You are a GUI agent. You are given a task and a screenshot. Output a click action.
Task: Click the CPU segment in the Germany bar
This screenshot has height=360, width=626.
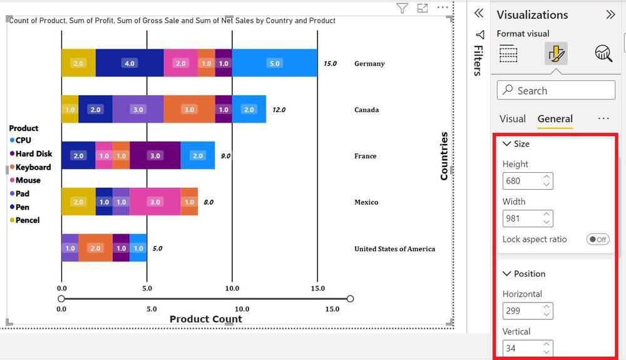pos(275,63)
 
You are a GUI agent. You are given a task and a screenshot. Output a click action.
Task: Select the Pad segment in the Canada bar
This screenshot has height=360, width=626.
pos(138,110)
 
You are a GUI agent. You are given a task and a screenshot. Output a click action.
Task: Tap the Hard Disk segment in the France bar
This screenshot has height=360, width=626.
pos(155,156)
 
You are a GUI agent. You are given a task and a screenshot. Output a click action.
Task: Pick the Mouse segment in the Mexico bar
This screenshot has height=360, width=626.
pos(155,202)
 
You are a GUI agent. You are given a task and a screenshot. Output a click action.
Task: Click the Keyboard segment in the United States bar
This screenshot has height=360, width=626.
pos(95,249)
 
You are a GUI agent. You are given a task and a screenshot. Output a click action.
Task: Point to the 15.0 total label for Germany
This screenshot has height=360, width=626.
pos(330,63)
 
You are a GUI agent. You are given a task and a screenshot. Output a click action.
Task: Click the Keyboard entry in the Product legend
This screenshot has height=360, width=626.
pos(30,167)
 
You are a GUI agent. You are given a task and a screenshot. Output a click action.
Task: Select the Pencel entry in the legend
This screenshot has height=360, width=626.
pos(25,220)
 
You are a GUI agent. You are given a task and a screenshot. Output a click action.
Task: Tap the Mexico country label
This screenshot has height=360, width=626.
pos(366,202)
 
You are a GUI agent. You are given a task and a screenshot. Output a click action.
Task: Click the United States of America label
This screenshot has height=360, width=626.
pos(394,249)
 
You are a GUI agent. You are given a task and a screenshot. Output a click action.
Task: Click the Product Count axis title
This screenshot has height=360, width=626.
pos(205,319)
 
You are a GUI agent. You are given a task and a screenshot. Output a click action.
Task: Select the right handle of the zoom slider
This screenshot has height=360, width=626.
pos(350,299)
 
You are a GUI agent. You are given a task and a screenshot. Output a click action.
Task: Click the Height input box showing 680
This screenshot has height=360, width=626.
pos(528,181)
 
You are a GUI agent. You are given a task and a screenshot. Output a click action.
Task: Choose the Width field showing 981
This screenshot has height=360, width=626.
pos(528,219)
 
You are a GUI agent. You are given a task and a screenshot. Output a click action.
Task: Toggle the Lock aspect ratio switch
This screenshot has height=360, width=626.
pos(598,239)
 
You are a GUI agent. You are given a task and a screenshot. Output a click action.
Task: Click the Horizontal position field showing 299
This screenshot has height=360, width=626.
pos(528,311)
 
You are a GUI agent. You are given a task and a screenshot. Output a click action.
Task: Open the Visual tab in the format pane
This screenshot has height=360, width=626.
pos(513,119)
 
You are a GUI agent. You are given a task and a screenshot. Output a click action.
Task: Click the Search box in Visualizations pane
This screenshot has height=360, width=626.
pos(556,90)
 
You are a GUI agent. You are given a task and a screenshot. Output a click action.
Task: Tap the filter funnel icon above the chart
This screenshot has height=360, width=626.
pos(402,8)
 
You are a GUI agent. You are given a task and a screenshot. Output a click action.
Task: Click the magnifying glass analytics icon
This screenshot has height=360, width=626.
pos(603,53)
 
